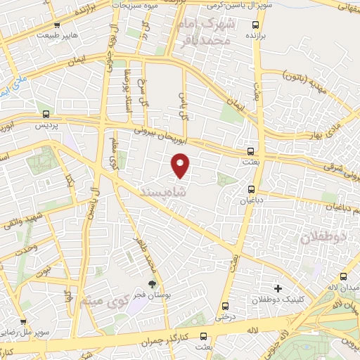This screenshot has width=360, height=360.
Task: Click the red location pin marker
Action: tap(181, 165)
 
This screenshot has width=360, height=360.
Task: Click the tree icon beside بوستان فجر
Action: tap(153, 284)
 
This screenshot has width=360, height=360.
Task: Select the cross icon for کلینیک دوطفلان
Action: tap(278, 288)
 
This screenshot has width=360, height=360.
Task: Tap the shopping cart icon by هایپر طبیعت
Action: tap(56, 25)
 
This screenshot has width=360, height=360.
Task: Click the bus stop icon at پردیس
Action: tap(46, 113)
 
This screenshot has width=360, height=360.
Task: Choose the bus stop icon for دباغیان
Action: tap(252, 188)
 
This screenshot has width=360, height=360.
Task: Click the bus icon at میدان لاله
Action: tap(343, 276)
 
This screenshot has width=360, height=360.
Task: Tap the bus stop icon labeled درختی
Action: tap(225, 306)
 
